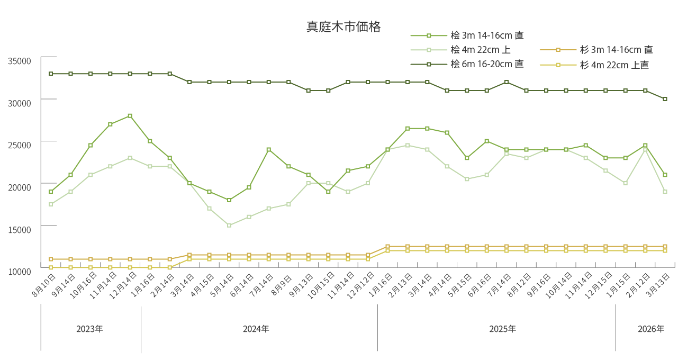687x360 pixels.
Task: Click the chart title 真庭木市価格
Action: (x=343, y=27)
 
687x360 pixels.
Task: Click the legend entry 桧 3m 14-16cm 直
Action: (x=487, y=35)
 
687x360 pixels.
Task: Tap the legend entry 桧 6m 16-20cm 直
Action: (x=487, y=64)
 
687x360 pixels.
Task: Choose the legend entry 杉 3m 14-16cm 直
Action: (x=616, y=50)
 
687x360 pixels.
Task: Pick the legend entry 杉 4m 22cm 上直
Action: (x=614, y=65)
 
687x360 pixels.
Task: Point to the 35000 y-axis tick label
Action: (x=20, y=61)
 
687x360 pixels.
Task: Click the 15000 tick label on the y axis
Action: (x=20, y=229)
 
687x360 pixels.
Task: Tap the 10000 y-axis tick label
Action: (x=20, y=271)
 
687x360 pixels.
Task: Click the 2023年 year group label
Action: (x=89, y=329)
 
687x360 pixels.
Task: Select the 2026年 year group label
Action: (x=650, y=329)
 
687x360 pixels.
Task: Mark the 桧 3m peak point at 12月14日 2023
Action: (x=130, y=116)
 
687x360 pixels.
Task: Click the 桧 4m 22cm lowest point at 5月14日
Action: (x=229, y=226)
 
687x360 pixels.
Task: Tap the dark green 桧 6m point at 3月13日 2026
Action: (x=665, y=99)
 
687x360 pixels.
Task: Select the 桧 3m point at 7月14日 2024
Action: (x=269, y=150)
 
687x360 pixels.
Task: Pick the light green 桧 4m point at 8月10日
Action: (x=51, y=204)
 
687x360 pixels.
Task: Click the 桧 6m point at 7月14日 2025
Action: (x=507, y=82)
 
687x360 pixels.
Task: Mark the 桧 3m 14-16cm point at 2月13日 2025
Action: (x=408, y=129)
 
